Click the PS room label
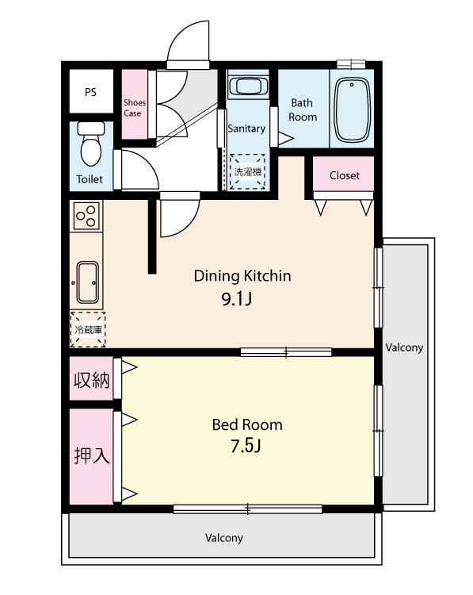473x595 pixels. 90,92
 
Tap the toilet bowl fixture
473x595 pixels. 91,144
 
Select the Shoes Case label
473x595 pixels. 134,108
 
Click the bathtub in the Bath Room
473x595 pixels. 352,110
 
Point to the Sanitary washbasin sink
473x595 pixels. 248,86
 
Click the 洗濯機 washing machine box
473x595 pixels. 248,171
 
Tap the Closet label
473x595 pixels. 344,175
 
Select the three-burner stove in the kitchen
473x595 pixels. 86,216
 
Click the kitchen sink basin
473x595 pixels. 88,282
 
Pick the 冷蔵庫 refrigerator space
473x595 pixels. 88,329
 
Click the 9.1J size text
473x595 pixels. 236,299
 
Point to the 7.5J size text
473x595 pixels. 246,446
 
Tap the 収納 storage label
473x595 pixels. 92,380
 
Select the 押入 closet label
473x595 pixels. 92,455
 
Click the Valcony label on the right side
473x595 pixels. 404,347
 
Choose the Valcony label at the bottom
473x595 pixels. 224,538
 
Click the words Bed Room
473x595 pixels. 247,424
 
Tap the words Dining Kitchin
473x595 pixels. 242,276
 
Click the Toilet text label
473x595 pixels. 90,179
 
